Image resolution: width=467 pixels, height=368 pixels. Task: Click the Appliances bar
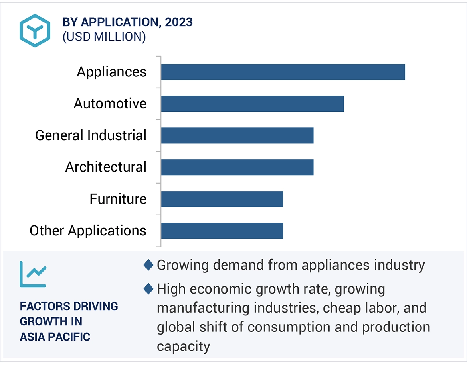283,72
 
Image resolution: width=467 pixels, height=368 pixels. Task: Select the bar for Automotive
252,104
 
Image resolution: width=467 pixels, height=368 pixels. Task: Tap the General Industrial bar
237,135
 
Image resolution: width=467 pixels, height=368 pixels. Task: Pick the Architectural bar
237,167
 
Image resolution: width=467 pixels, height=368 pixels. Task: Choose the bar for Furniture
222,199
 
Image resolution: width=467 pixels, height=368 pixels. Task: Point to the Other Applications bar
222,231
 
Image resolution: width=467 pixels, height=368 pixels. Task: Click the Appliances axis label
112,72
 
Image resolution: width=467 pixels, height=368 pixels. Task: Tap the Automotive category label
110,104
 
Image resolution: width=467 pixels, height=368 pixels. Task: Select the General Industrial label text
91,135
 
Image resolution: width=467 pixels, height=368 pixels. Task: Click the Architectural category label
106,167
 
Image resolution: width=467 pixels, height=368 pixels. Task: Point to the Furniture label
118,199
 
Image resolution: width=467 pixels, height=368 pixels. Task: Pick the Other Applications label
88,231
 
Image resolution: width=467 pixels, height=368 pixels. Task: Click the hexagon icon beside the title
35,31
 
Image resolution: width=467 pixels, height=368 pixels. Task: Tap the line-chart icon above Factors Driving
33,274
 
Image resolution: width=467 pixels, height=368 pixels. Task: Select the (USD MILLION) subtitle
104,37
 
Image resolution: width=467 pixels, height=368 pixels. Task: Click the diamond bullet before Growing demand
148,265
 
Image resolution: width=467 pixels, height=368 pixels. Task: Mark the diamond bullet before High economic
148,289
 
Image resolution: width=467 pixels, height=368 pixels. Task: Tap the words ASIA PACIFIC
55,337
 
